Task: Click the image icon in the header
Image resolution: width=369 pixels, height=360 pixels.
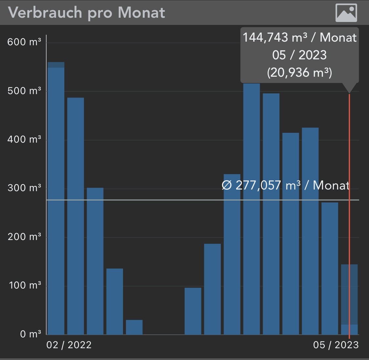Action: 346,13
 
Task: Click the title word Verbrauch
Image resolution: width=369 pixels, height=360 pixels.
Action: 45,12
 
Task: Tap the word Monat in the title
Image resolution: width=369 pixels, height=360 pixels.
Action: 141,12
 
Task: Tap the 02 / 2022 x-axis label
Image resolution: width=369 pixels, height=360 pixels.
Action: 69,345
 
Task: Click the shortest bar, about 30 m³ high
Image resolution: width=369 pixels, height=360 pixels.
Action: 134,327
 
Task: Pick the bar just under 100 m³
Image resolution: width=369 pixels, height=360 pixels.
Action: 193,311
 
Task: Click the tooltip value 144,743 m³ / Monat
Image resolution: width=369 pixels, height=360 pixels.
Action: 299,38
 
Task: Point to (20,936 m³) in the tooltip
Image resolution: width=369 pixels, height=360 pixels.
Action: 299,72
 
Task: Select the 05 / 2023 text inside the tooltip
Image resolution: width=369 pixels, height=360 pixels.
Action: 299,55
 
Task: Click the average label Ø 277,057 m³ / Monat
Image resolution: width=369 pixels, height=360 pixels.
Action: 285,186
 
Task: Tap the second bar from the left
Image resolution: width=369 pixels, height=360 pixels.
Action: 75,216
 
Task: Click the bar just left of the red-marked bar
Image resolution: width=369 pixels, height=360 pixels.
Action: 330,269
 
